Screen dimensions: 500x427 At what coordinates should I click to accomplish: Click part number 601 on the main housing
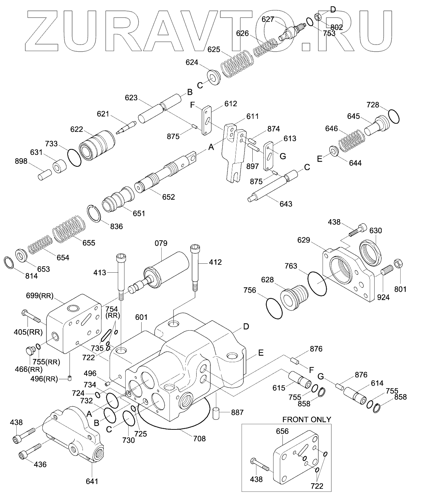[141, 317]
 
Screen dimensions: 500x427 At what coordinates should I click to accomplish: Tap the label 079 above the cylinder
[161, 243]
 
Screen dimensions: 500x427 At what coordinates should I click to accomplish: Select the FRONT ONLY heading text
[307, 419]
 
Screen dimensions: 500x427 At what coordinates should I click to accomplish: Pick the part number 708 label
[199, 439]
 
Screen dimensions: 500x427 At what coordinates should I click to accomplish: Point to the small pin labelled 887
[217, 413]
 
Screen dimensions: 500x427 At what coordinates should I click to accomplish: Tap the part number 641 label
[92, 481]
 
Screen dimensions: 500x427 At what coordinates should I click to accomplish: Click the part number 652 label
[168, 197]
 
